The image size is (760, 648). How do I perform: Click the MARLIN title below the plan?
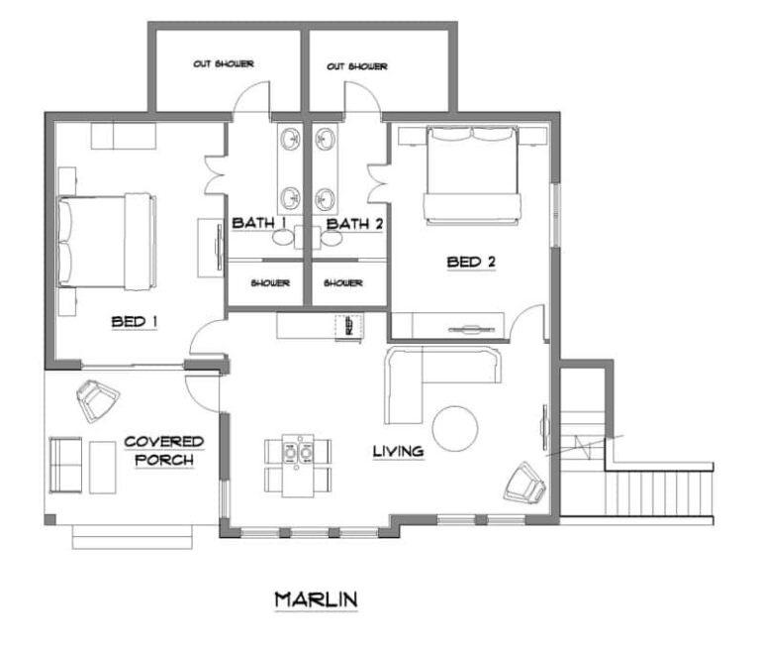coord(316,600)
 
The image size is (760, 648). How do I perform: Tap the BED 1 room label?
coord(135,322)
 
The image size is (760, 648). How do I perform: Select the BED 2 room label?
coord(471,263)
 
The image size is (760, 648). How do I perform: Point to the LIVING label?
coord(399,452)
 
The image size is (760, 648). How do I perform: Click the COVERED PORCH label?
coord(164,451)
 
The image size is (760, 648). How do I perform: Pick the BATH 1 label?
coord(259,223)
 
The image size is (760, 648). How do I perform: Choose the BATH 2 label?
coord(355,224)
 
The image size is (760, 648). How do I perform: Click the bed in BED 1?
coord(107,242)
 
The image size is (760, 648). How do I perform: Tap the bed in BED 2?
coord(473,175)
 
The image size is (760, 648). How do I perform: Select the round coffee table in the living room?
coord(455,429)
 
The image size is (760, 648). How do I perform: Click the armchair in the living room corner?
coord(524,483)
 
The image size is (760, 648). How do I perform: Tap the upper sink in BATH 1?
coord(291,140)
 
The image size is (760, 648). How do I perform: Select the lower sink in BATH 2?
coord(325,198)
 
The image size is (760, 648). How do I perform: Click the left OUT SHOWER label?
coord(224,63)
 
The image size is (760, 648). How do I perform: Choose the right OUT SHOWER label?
coord(356,66)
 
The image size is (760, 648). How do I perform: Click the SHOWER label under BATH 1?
coord(270,283)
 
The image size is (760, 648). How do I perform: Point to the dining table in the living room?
coord(298,466)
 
